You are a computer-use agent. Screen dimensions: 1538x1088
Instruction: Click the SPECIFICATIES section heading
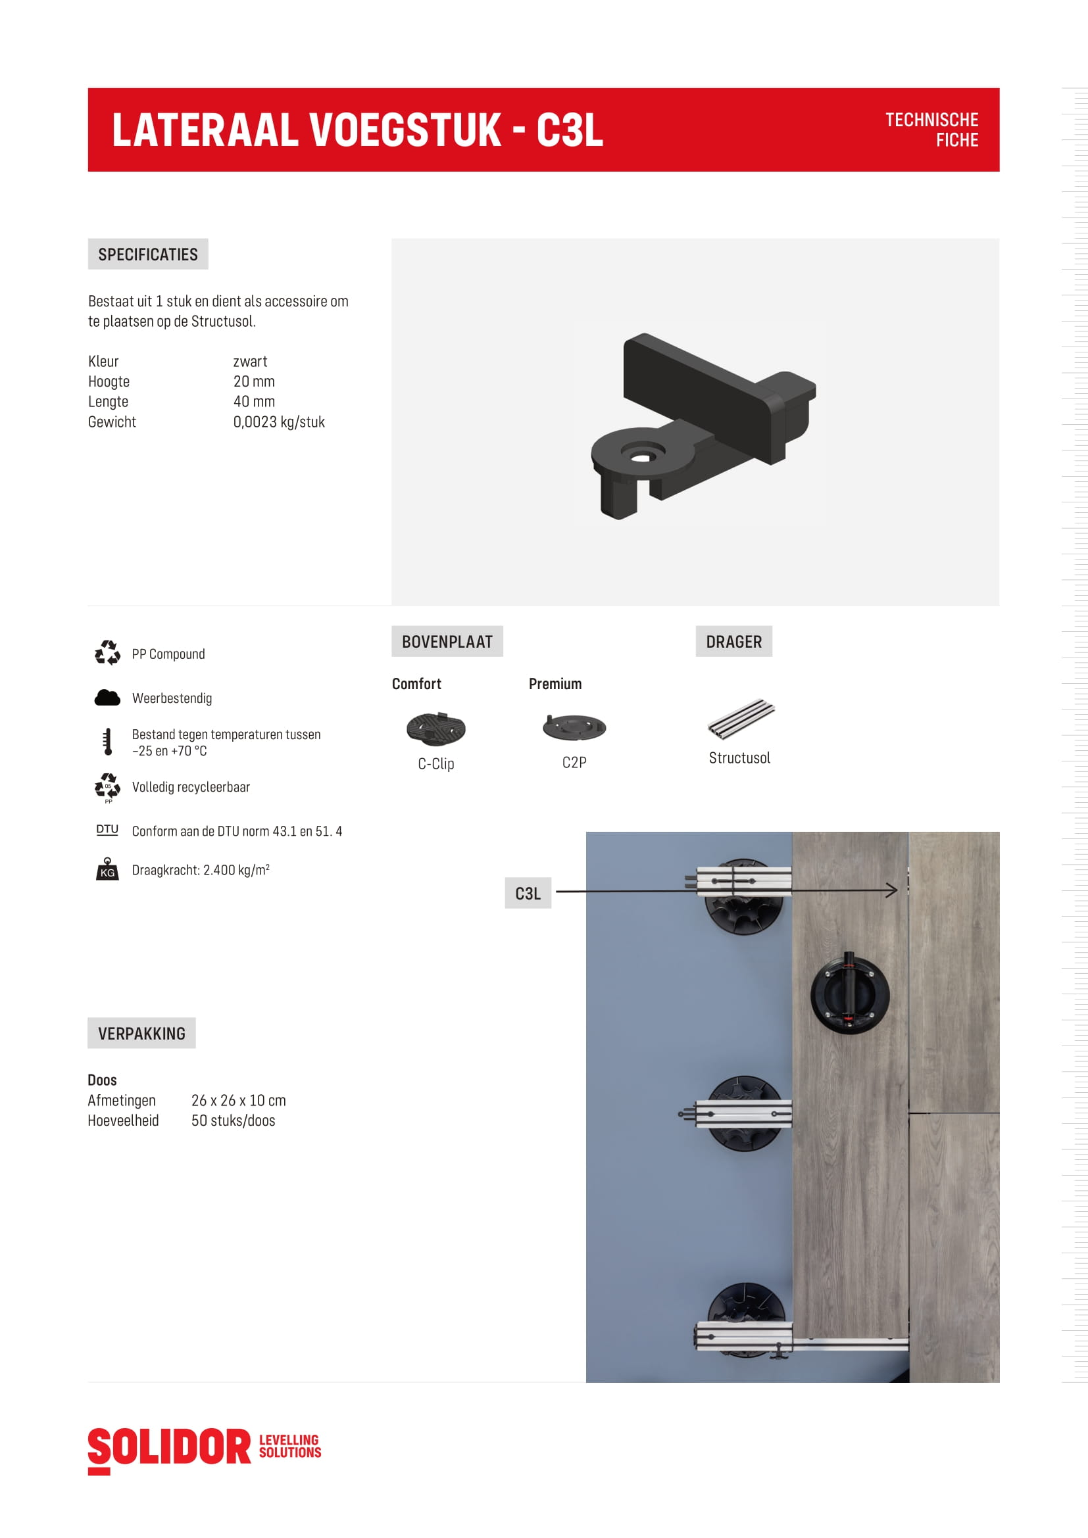[x=147, y=254]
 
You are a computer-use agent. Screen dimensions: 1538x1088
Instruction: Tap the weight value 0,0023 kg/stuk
[x=279, y=422]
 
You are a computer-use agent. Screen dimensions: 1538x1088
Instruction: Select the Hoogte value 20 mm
[x=254, y=382]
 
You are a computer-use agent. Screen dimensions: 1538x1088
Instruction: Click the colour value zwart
[x=250, y=362]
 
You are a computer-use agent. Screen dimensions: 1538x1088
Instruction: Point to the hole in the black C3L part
[x=643, y=458]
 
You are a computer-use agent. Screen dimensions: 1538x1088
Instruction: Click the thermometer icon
[x=107, y=742]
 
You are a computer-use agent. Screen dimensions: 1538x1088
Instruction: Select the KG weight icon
[x=107, y=869]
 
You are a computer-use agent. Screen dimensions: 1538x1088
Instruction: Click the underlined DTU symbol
[x=107, y=830]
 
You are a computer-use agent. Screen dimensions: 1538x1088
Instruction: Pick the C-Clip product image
[x=435, y=728]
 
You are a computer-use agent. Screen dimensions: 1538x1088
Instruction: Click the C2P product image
[x=574, y=727]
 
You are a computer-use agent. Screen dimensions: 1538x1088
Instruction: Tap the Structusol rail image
[x=741, y=719]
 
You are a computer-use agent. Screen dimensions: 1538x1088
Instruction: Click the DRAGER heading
[x=733, y=642]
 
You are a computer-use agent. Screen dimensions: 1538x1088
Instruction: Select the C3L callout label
[x=528, y=893]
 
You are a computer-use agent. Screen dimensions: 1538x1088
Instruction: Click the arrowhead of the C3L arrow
[x=893, y=890]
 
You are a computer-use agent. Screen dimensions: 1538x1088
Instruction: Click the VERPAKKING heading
[x=141, y=1034]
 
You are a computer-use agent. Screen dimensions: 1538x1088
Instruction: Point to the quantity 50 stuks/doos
[x=233, y=1120]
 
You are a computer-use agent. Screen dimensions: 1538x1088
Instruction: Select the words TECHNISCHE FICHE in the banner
[x=931, y=130]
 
